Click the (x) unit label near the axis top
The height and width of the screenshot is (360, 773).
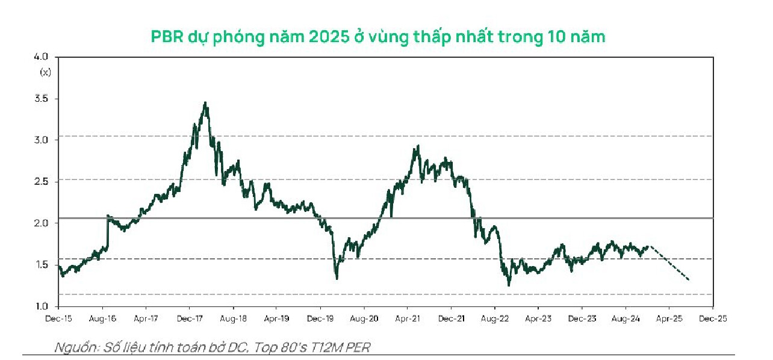point(45,72)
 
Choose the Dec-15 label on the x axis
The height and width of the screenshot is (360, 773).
point(59,319)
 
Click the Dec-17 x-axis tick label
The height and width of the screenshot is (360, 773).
point(188,319)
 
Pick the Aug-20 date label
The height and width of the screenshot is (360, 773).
point(363,319)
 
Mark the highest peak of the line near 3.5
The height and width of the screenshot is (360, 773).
point(206,103)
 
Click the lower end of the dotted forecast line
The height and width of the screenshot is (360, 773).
point(688,280)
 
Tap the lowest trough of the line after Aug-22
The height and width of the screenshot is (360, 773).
point(509,285)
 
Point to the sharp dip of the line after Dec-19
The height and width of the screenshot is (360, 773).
point(337,278)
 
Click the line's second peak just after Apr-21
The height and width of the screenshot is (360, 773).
point(418,146)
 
